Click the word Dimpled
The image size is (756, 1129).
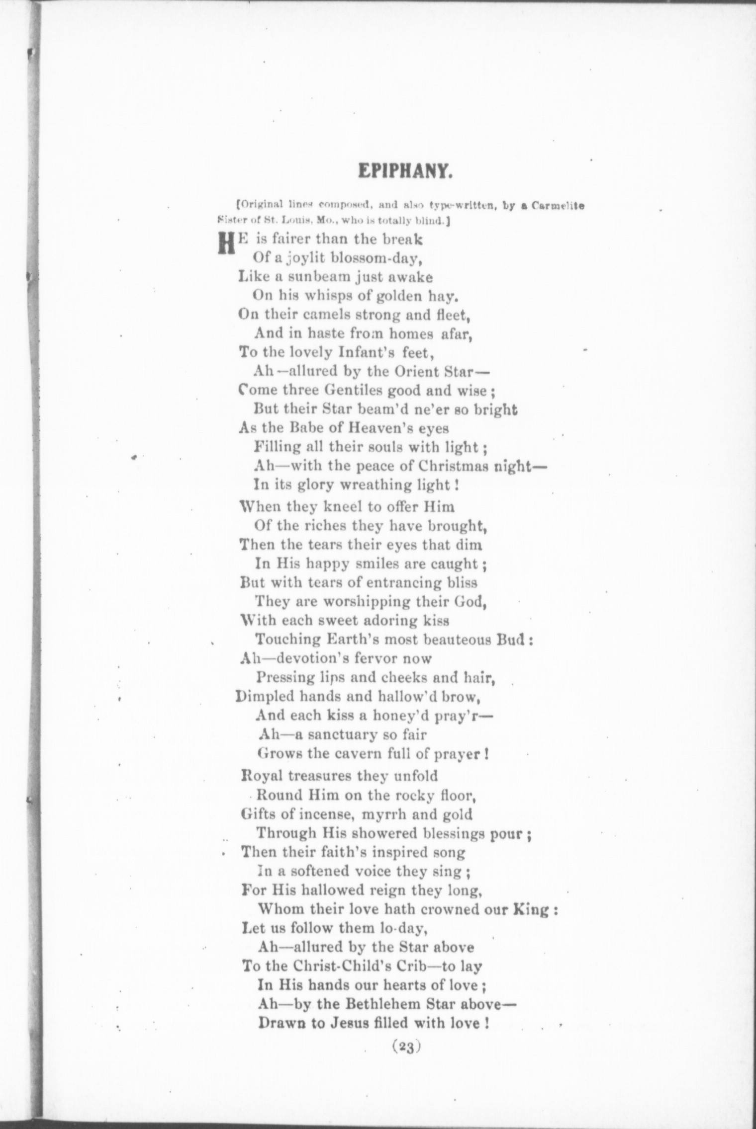tap(263, 697)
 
